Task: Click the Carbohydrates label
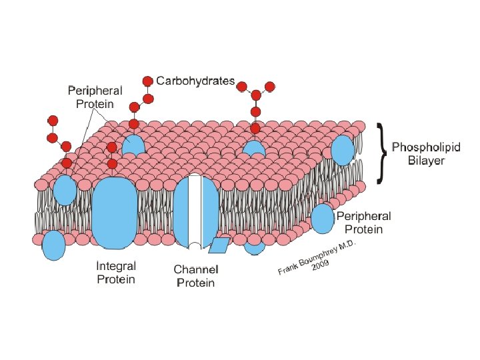(x=195, y=81)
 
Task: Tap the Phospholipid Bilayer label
(x=425, y=154)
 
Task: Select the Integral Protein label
(x=116, y=272)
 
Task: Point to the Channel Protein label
(x=196, y=276)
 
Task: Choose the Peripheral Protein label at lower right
(x=363, y=223)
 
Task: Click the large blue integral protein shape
(x=114, y=211)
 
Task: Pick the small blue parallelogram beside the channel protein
(x=219, y=245)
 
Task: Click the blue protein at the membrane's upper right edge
(x=343, y=150)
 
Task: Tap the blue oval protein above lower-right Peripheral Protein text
(x=323, y=219)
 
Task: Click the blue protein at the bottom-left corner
(x=54, y=245)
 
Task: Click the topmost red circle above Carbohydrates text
(x=148, y=81)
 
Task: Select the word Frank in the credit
(x=287, y=270)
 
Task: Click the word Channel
(x=196, y=269)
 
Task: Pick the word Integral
(x=116, y=265)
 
